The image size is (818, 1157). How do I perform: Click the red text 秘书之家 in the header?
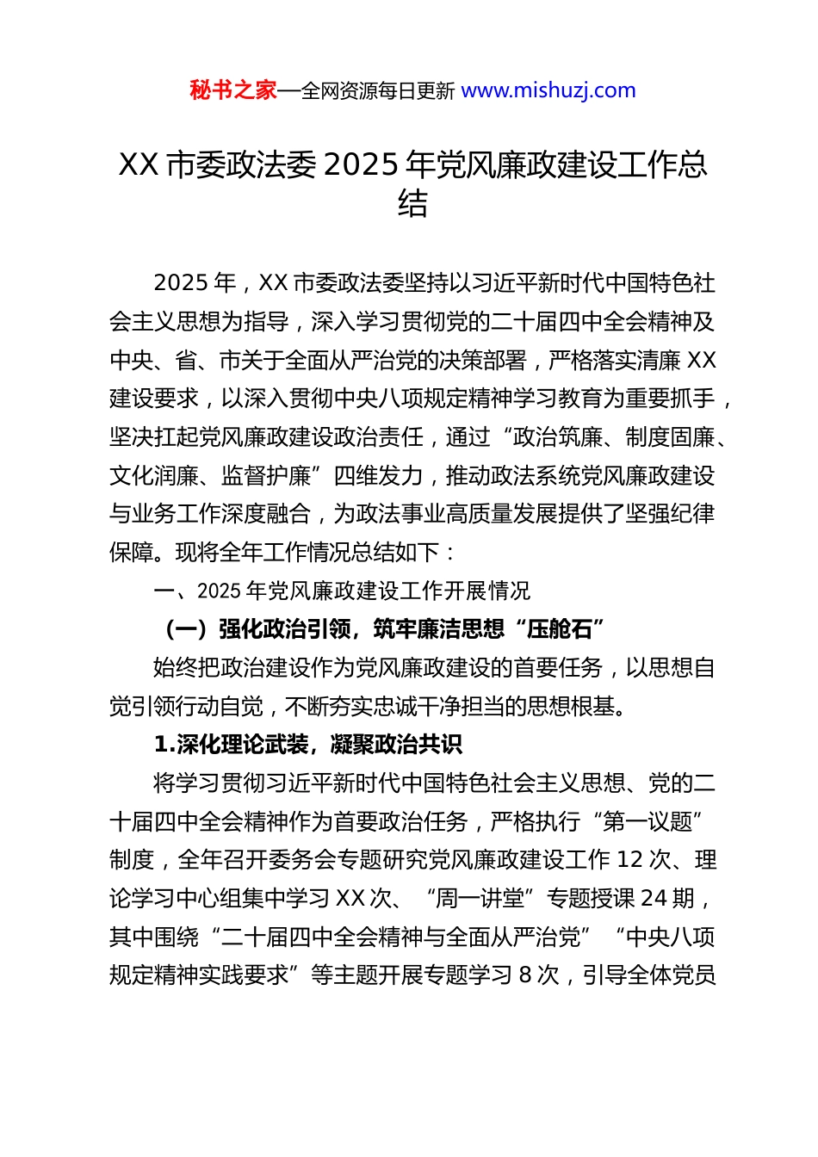(233, 90)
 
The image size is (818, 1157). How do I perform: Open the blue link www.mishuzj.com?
(548, 90)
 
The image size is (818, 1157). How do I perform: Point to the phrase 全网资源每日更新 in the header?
(377, 90)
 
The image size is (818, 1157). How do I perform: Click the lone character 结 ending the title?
(412, 204)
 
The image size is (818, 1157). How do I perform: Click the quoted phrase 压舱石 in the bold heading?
(561, 629)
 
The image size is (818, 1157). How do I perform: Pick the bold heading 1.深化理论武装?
(308, 745)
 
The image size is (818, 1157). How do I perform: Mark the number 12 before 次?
(630, 860)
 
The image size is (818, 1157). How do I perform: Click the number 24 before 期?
(654, 899)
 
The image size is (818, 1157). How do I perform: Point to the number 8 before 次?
(524, 975)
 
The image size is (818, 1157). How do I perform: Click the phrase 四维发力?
(378, 475)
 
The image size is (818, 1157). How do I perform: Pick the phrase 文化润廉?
(154, 475)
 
